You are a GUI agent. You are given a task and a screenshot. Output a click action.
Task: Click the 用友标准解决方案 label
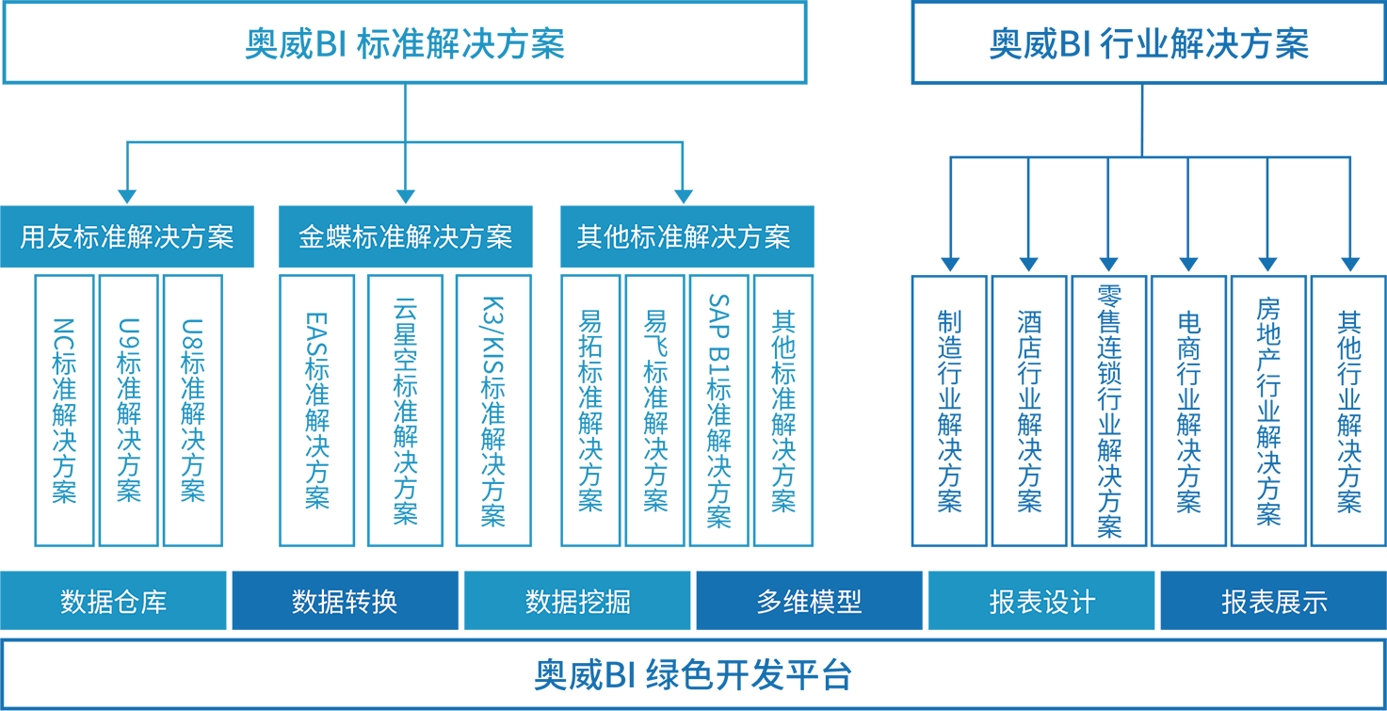(x=127, y=236)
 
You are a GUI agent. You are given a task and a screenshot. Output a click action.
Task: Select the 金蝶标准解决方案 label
(x=405, y=236)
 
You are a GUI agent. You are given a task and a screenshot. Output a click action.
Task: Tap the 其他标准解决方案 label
(x=684, y=236)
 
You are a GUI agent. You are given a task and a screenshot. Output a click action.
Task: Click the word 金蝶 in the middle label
(x=325, y=236)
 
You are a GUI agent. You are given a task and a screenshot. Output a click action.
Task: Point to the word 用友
(x=46, y=236)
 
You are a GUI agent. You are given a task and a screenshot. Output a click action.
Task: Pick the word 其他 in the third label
(x=603, y=236)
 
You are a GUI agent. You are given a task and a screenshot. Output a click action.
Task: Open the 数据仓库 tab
(x=114, y=601)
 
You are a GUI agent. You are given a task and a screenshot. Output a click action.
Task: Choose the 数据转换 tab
(x=345, y=601)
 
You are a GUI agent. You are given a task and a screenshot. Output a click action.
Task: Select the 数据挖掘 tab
(x=577, y=601)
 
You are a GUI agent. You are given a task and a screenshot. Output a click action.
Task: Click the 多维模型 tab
(x=809, y=601)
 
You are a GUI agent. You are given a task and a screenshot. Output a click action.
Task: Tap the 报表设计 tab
(x=1041, y=601)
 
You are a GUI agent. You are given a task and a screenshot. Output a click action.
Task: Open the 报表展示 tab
(x=1274, y=601)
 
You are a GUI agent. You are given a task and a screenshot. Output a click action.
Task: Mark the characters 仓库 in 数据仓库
(x=140, y=601)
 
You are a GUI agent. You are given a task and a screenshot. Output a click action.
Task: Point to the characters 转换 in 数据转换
(x=371, y=601)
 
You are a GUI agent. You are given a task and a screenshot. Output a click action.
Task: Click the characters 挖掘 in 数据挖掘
(x=605, y=601)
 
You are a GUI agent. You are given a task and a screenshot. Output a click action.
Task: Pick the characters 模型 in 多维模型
(x=836, y=601)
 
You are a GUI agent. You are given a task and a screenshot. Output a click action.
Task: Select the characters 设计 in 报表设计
(x=1069, y=601)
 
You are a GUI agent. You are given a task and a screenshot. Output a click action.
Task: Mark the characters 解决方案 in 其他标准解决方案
(x=737, y=236)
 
